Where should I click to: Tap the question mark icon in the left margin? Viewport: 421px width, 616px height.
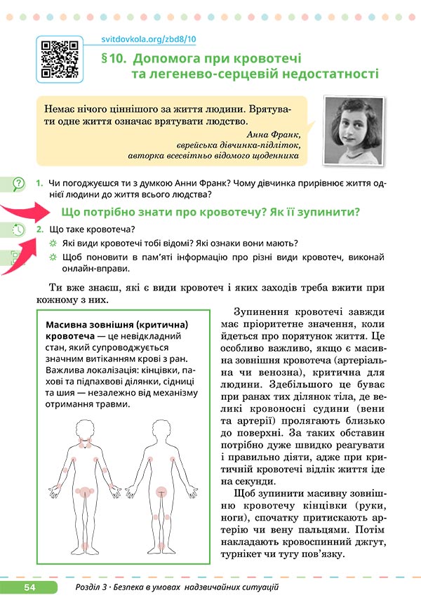pyautogui.click(x=17, y=185)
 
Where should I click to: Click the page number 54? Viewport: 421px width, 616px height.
pyautogui.click(x=29, y=587)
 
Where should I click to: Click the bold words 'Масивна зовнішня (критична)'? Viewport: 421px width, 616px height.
pyautogui.click(x=116, y=326)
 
